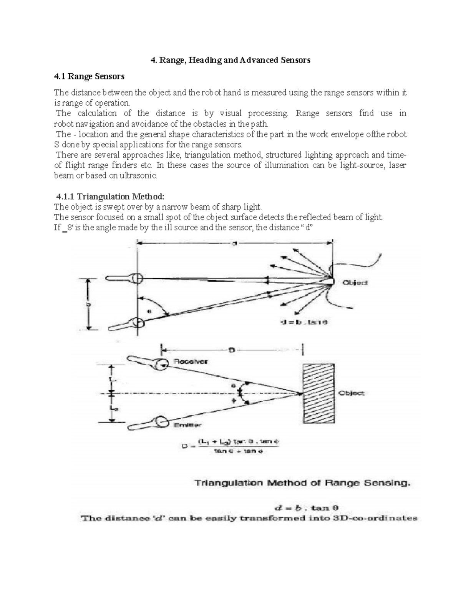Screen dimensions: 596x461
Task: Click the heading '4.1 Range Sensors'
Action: pyautogui.click(x=89, y=76)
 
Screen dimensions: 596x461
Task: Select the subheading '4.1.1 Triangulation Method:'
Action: pyautogui.click(x=110, y=196)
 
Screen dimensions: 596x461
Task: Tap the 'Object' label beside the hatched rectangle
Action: pyautogui.click(x=351, y=393)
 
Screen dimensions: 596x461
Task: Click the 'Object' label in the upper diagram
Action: pyautogui.click(x=355, y=282)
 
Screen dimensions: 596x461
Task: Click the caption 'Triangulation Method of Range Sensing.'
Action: pyautogui.click(x=301, y=483)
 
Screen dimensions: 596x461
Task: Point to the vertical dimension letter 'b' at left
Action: pyautogui.click(x=89, y=304)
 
